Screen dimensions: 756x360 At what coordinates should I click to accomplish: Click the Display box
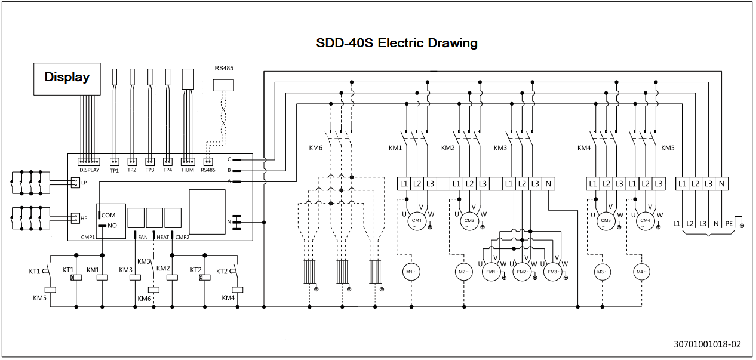67,79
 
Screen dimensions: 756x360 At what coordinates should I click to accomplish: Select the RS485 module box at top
223,85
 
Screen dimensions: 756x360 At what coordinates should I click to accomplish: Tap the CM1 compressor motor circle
417,221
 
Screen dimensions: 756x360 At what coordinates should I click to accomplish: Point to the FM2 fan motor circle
522,272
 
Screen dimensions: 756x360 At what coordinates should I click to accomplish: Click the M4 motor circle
641,272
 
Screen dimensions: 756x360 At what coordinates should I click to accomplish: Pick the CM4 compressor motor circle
646,221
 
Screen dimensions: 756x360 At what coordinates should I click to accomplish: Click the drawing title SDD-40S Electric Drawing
397,43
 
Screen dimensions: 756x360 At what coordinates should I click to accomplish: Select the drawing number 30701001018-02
708,344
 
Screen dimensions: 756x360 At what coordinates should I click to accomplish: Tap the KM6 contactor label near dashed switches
315,148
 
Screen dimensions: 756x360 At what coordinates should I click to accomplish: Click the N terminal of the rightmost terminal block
721,184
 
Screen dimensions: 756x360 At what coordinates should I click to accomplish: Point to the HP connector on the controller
75,219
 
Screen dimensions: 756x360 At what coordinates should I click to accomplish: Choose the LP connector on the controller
75,183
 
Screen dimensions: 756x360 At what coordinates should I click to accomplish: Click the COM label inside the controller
108,216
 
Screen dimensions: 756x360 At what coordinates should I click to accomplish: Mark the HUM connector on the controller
188,162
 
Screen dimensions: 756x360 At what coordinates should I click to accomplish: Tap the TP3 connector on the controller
150,162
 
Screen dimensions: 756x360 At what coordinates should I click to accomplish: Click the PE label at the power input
729,224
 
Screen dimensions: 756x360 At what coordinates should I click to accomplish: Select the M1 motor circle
411,272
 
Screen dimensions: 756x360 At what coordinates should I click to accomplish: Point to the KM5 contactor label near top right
668,148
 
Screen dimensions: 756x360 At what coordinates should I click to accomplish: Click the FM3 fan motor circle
552,272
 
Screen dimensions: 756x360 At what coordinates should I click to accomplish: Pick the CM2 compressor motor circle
469,221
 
